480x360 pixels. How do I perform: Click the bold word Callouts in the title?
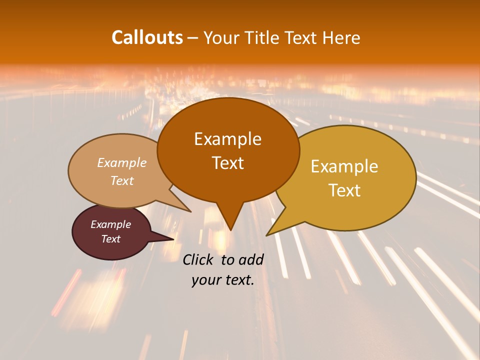[147, 37]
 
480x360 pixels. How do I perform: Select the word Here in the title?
[342, 37]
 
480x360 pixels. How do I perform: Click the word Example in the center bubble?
[227, 139]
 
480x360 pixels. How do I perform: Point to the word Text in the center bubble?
[227, 163]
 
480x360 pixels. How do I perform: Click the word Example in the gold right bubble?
[344, 166]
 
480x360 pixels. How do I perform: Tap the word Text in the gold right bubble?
[345, 190]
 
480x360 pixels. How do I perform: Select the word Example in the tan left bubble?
[122, 162]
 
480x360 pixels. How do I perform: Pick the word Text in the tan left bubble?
[122, 180]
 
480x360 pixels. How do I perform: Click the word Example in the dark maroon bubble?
[111, 224]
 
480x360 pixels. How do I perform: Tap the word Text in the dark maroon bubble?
[111, 239]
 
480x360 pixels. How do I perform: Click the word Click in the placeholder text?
[198, 259]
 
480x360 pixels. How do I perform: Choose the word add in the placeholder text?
[251, 259]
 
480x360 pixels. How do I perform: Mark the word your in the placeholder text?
[205, 280]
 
